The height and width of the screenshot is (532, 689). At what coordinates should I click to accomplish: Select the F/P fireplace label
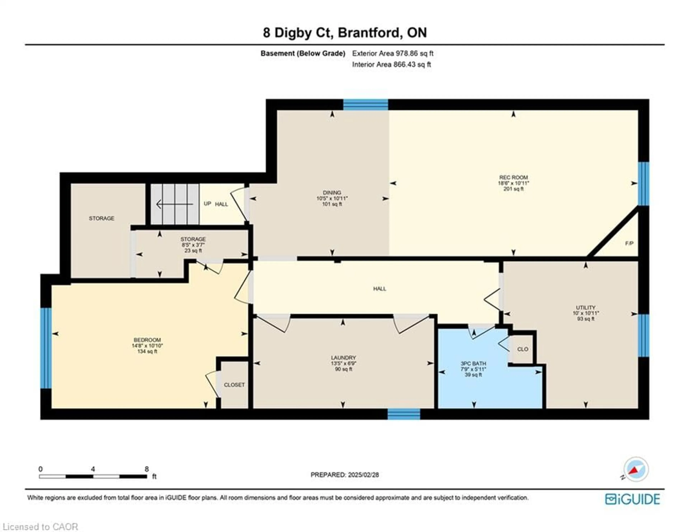[629, 243]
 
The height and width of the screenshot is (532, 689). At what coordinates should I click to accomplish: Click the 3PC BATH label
[473, 363]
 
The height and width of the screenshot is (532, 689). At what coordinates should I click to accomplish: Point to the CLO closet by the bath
[522, 349]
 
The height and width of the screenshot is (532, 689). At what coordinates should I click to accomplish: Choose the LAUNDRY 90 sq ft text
[343, 369]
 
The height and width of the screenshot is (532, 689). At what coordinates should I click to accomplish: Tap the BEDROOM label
[147, 340]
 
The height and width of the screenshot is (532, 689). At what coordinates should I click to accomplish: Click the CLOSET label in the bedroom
[234, 385]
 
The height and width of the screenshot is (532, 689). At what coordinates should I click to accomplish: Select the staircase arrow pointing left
[174, 204]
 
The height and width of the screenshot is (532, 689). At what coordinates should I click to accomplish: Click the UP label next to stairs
[207, 204]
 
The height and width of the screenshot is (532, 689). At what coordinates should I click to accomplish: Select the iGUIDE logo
[632, 499]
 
